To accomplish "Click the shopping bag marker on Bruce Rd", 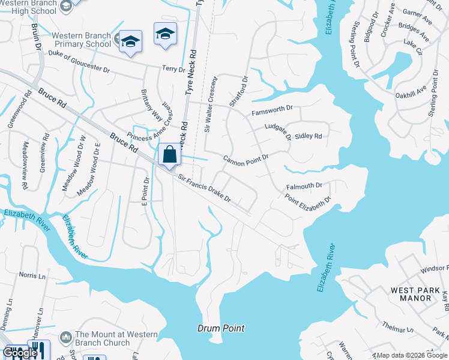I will (x=170, y=154).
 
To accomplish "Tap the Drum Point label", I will (x=221, y=328).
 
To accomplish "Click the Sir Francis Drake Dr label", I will (x=205, y=188).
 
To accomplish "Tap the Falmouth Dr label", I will (x=304, y=187).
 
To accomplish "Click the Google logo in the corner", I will (x=20, y=353).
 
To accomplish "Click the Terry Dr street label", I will (x=173, y=70).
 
